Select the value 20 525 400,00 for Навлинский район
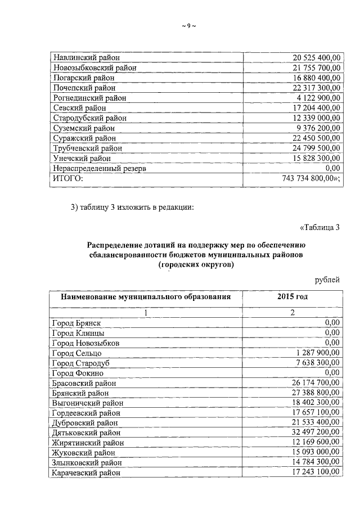coord(317,57)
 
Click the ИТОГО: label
coord(67,179)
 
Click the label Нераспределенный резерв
coord(98,169)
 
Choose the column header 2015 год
coord(292,297)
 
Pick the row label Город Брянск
coord(76,322)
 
